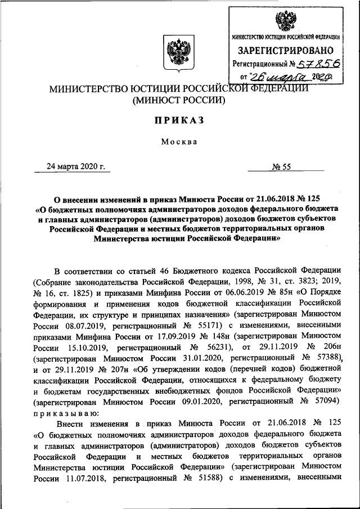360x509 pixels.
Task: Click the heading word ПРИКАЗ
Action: tap(178, 120)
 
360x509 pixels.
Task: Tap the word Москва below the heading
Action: tap(178, 141)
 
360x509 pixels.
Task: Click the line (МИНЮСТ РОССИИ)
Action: tap(178, 101)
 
